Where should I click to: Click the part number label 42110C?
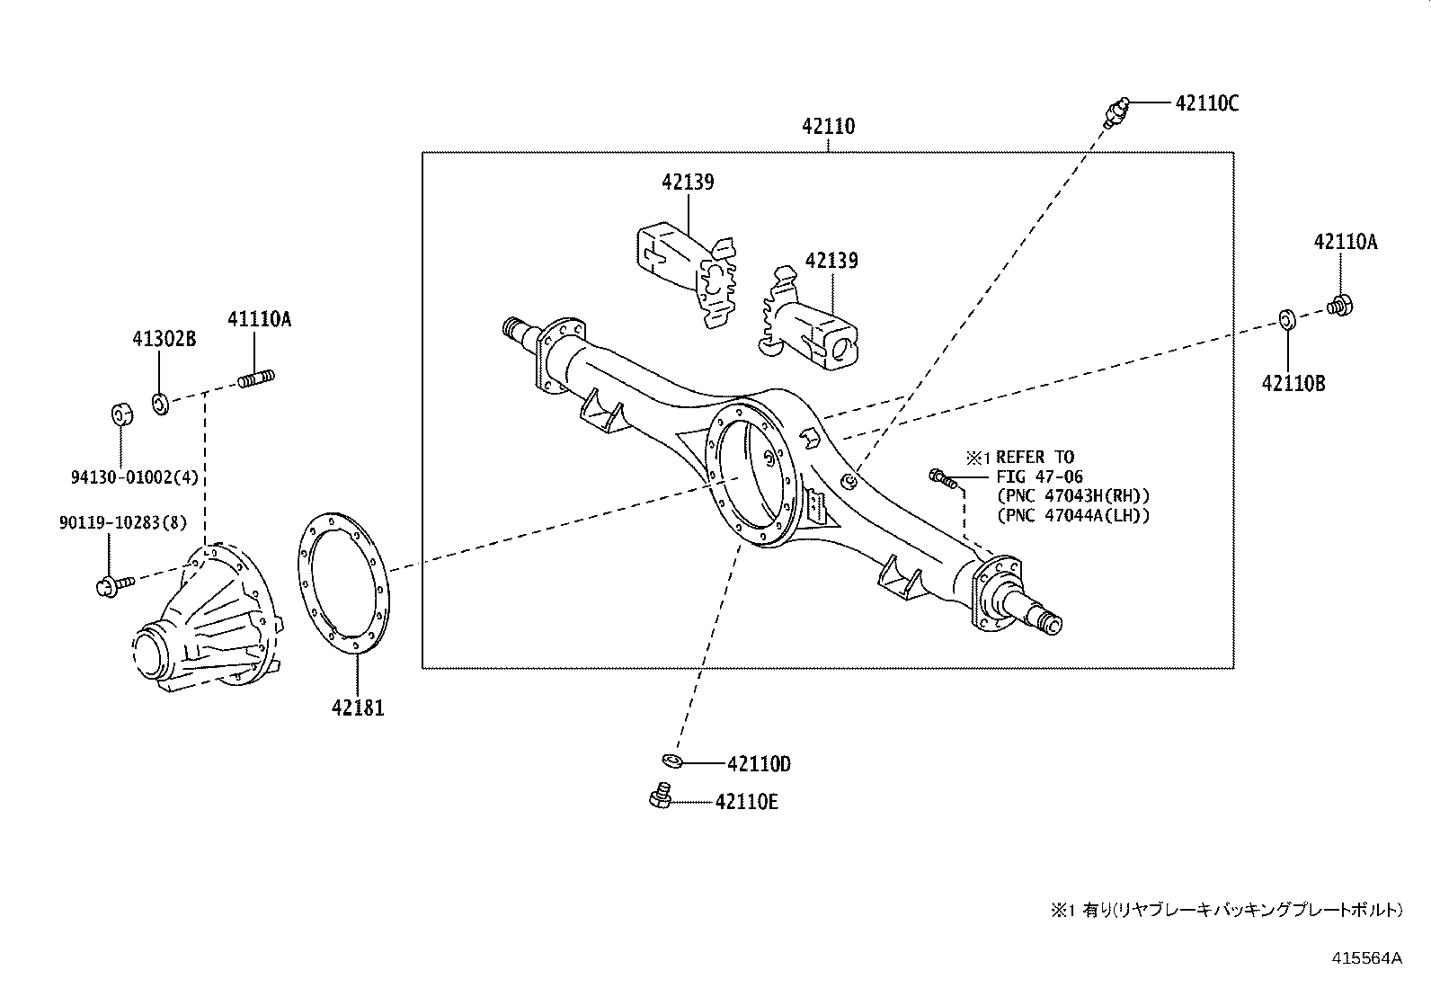pos(1206,103)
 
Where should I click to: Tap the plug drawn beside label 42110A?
pos(1340,305)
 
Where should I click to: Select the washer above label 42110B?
pos(1286,318)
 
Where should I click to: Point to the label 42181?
pos(357,708)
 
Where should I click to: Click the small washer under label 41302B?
pos(159,403)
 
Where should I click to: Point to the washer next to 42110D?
pos(671,762)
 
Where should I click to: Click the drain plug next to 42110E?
pos(660,796)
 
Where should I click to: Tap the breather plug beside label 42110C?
pos(1115,110)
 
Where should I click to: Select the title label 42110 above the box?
pos(828,127)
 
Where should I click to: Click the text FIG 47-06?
pos(1039,476)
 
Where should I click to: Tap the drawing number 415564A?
pos(1366,957)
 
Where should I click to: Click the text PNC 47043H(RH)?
pos(1073,496)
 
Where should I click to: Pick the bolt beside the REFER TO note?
pos(942,478)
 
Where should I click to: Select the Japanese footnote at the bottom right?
pos(1226,910)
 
